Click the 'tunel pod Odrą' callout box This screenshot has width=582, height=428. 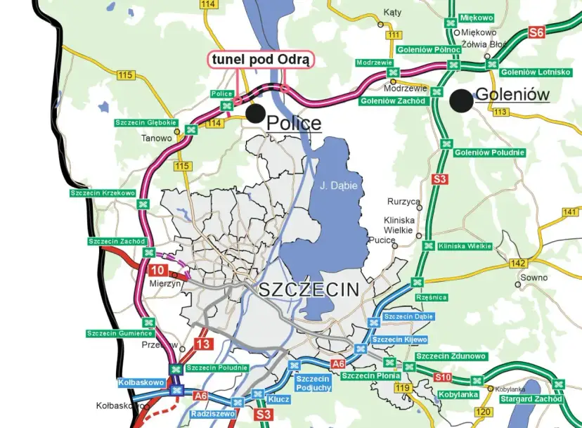tap(260, 60)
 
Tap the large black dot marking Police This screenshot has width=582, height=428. tap(255, 113)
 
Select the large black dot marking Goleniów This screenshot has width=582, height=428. tap(462, 100)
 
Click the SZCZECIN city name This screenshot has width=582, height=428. tap(309, 289)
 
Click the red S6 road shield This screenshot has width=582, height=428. tap(537, 32)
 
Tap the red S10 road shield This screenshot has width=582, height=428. tap(442, 377)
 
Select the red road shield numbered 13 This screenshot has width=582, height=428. tap(202, 344)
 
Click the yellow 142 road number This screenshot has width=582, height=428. tap(519, 263)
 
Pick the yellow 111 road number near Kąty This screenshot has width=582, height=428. tap(394, 35)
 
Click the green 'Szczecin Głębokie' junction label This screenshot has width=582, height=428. tap(143, 123)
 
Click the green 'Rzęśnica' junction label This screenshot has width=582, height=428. tap(431, 297)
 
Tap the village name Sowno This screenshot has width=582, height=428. tap(533, 278)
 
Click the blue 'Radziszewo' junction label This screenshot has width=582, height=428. tap(213, 414)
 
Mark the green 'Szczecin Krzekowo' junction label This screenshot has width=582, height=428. tap(103, 193)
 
